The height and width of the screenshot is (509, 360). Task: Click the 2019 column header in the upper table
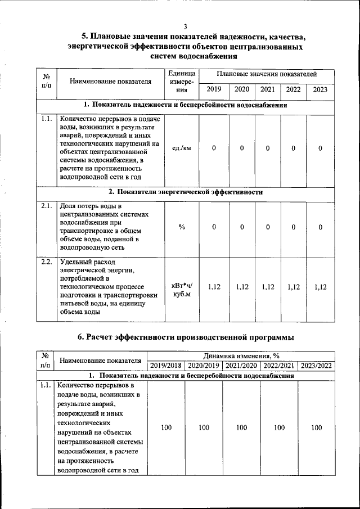214,89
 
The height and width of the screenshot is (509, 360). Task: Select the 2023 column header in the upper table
320,89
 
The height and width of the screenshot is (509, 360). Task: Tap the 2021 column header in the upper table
268,89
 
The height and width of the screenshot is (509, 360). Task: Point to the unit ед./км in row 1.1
182,148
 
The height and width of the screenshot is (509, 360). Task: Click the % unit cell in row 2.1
182,227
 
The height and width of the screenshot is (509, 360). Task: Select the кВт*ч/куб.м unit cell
182,291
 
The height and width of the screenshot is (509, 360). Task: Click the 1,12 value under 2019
214,287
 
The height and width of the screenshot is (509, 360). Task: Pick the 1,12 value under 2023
320,287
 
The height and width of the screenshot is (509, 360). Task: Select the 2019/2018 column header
166,366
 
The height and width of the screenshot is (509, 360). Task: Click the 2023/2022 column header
317,366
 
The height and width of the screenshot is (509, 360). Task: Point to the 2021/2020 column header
241,366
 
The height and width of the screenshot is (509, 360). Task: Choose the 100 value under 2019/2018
166,428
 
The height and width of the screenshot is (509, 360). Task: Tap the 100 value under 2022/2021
279,428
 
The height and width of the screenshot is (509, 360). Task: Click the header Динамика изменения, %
241,356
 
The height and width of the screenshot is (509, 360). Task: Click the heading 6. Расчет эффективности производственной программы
185,337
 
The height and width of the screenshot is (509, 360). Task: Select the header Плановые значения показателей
267,74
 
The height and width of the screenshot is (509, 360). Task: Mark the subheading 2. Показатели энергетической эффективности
186,192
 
